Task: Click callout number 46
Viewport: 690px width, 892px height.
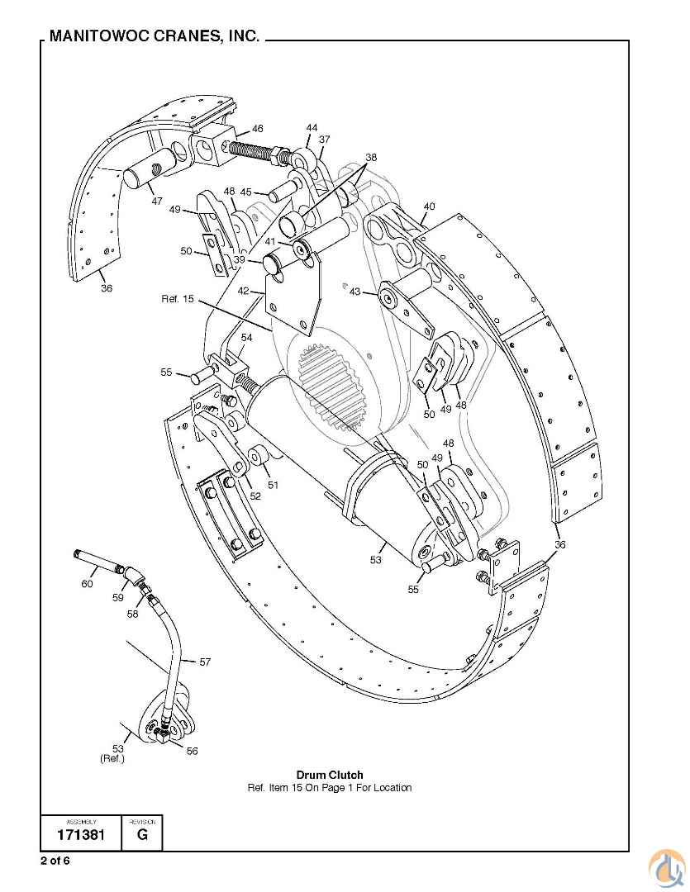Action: pyautogui.click(x=258, y=129)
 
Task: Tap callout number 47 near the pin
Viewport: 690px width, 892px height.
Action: pyautogui.click(x=156, y=201)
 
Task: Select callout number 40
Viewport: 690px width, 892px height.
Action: pyautogui.click(x=429, y=206)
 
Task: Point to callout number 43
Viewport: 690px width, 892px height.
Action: pyautogui.click(x=355, y=292)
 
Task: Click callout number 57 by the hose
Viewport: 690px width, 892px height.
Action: pyautogui.click(x=205, y=662)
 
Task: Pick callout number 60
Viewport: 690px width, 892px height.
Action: pyautogui.click(x=87, y=584)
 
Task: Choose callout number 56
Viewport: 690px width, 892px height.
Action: pyautogui.click(x=192, y=751)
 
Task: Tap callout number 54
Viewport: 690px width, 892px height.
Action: pyautogui.click(x=246, y=338)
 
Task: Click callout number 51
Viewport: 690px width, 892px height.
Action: pyautogui.click(x=273, y=485)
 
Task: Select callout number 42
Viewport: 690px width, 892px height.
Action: pyautogui.click(x=243, y=291)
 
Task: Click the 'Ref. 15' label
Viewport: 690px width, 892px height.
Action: pyautogui.click(x=178, y=298)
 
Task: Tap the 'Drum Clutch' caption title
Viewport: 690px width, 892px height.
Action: pyautogui.click(x=330, y=775)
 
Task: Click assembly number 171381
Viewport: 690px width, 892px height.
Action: pyautogui.click(x=80, y=835)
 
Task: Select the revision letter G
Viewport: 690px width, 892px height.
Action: pyautogui.click(x=142, y=835)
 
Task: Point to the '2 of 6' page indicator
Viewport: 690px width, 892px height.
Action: pyautogui.click(x=55, y=861)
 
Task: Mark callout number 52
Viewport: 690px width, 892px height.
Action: pyautogui.click(x=255, y=496)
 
